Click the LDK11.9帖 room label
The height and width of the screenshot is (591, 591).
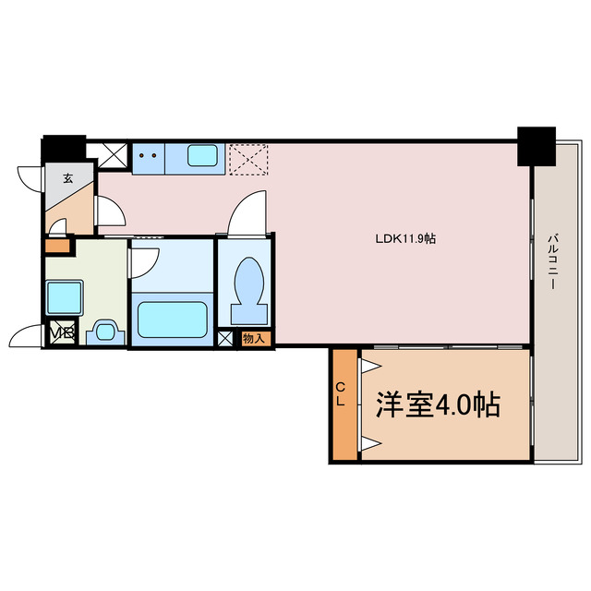click(x=405, y=237)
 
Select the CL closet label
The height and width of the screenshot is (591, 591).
click(x=341, y=396)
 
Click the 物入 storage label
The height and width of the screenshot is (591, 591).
click(x=254, y=339)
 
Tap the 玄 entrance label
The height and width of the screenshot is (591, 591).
click(x=68, y=178)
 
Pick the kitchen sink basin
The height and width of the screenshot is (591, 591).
click(x=203, y=156)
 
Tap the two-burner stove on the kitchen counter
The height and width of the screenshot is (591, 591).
click(x=146, y=157)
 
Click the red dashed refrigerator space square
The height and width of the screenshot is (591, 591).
click(x=247, y=158)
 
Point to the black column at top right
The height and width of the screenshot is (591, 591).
click(x=535, y=145)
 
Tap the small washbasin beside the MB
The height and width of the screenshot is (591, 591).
click(x=104, y=332)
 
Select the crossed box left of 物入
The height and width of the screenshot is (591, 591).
click(x=226, y=339)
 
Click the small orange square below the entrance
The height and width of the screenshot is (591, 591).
click(x=57, y=247)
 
